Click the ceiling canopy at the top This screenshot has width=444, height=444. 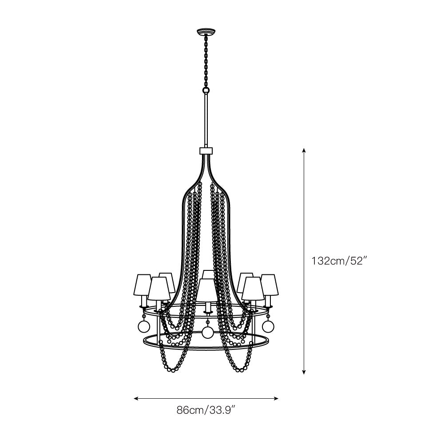tap(206, 31)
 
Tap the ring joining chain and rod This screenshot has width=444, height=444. tap(206, 90)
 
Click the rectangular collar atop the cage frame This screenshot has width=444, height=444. tap(206, 151)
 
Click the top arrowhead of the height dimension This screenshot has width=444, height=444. tap(304, 150)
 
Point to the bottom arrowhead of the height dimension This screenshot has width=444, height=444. tap(304, 372)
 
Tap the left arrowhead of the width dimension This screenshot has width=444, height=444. tap(136, 399)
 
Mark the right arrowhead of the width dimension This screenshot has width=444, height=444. tap(276, 399)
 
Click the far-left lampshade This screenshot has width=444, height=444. tap(144, 285)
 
